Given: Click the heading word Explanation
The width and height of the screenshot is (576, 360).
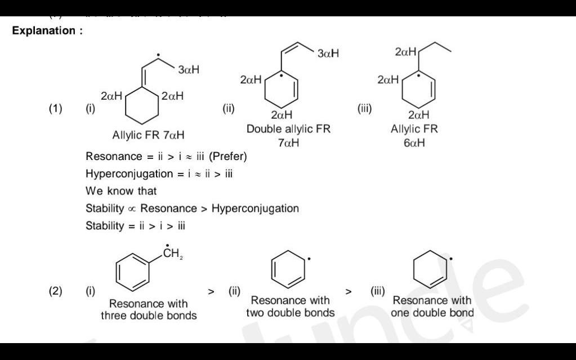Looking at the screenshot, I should (44, 31).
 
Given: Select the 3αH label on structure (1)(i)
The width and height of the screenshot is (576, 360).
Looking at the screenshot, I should (188, 70).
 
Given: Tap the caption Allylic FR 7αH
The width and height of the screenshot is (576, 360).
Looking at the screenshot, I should (148, 135).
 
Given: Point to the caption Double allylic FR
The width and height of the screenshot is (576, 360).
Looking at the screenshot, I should (288, 129).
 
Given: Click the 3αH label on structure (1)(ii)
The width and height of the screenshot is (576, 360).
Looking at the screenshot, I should (328, 54).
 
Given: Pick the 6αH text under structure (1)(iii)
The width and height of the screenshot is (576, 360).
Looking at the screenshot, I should (414, 143).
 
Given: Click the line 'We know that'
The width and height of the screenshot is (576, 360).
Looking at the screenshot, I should (121, 191).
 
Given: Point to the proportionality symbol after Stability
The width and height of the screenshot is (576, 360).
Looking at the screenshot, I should (132, 209).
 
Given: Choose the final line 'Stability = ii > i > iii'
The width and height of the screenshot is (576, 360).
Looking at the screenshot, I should (135, 226).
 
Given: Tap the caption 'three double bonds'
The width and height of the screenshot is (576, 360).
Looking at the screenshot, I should (149, 315).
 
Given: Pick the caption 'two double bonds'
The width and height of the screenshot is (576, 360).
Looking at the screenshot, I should (290, 313).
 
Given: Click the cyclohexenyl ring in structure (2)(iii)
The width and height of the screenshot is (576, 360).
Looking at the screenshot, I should (431, 268).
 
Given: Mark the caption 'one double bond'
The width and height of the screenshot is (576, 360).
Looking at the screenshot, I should (432, 313).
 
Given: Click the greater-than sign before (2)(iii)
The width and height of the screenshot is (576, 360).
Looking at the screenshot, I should (349, 292).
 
